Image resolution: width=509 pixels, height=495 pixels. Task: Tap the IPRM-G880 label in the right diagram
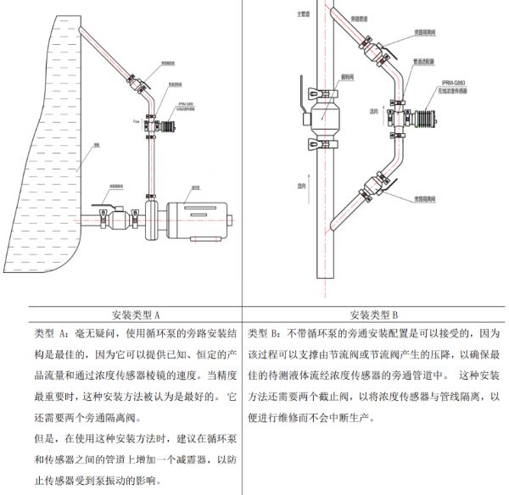(x=454, y=82)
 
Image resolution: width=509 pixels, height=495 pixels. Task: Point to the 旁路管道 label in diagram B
(x=361, y=16)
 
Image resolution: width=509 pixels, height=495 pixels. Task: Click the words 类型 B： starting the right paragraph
(x=270, y=329)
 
